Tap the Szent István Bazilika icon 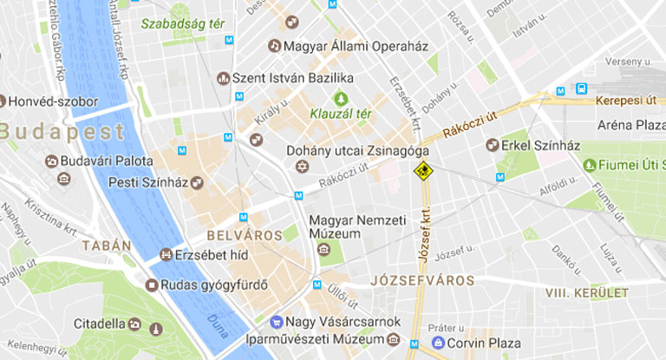pyautogui.click(x=223, y=79)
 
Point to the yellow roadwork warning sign pyautogui.click(x=422, y=171)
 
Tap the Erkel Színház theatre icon pyautogui.click(x=490, y=145)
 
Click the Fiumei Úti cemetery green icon pyautogui.click(x=590, y=165)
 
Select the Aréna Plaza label pyautogui.click(x=630, y=125)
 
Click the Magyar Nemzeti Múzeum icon pyautogui.click(x=323, y=250)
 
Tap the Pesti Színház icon pyautogui.click(x=197, y=182)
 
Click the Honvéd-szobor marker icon pyautogui.click(x=7, y=101)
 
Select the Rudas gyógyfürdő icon pyautogui.click(x=152, y=285)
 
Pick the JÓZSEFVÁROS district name pyautogui.click(x=421, y=281)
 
